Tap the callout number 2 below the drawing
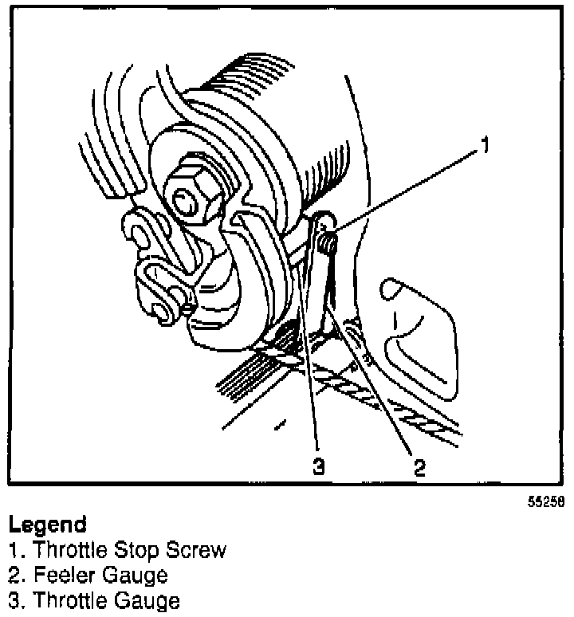pyautogui.click(x=419, y=467)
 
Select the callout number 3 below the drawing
pyautogui.click(x=319, y=467)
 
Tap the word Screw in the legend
pyautogui.click(x=195, y=550)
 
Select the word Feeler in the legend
pyautogui.click(x=56, y=574)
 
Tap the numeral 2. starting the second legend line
pyautogui.click(x=15, y=574)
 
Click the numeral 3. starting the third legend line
pyautogui.click(x=15, y=599)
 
